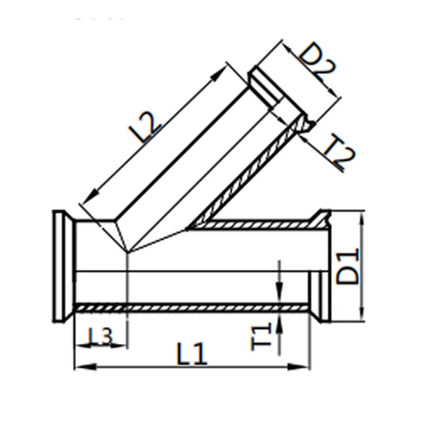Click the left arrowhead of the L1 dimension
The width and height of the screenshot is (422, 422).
coord(79,366)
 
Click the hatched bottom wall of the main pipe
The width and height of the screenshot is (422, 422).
coord(190,307)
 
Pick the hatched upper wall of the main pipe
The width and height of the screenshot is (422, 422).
coord(260,225)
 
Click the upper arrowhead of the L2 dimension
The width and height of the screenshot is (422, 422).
coord(224,68)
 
